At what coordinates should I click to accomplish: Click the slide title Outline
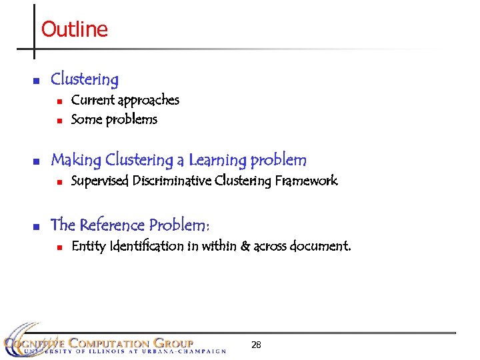(x=74, y=29)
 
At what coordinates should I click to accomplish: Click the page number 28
(x=256, y=345)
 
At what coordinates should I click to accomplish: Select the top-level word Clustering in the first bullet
(x=85, y=79)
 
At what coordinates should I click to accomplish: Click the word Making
(x=75, y=161)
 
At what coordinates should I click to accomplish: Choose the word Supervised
(x=100, y=181)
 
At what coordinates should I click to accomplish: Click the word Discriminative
(x=173, y=181)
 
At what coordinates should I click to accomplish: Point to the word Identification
(x=146, y=246)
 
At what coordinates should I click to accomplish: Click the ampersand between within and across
(x=245, y=246)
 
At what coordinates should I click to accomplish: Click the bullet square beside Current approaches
(x=59, y=101)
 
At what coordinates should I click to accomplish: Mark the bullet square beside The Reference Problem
(x=37, y=225)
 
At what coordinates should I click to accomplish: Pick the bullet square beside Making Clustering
(x=37, y=161)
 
